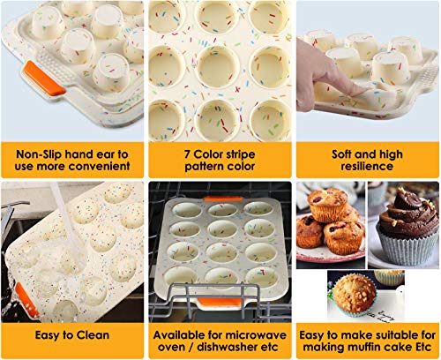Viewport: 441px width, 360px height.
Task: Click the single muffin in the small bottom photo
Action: pos(353,291)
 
